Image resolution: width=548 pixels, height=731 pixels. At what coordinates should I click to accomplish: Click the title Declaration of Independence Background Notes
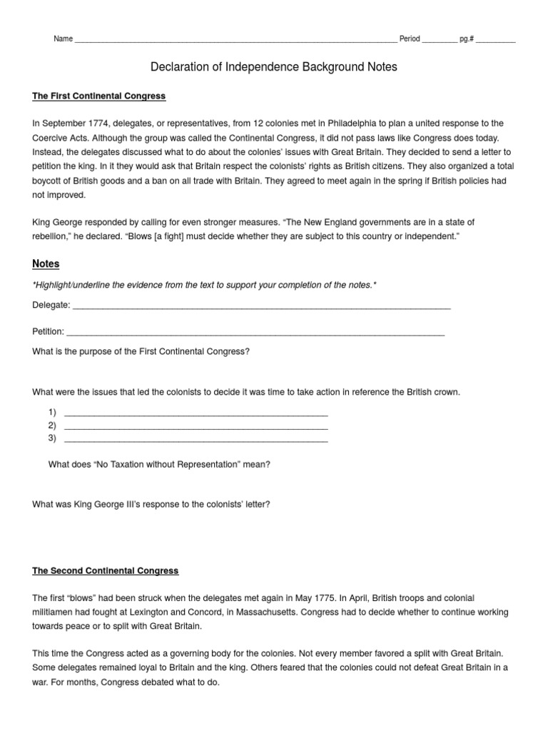point(273,67)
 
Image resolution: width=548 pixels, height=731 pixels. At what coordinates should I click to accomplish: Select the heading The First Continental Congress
point(99,96)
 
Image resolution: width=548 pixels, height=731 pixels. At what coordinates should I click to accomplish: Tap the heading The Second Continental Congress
point(106,571)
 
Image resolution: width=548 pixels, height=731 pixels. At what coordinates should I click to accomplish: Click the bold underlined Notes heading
point(46,264)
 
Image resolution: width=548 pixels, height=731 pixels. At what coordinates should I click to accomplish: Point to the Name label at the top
point(63,39)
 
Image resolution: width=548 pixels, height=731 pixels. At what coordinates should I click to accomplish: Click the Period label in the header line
point(410,39)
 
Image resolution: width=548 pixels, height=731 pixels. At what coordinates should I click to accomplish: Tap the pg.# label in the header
point(467,39)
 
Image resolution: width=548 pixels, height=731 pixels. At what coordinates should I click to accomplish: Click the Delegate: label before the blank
point(51,306)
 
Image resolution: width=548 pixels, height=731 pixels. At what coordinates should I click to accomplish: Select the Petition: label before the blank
point(49,331)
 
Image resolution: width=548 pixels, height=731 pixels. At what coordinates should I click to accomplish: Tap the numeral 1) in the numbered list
point(52,413)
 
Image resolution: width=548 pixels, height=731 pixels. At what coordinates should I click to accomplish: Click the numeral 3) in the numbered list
point(52,438)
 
